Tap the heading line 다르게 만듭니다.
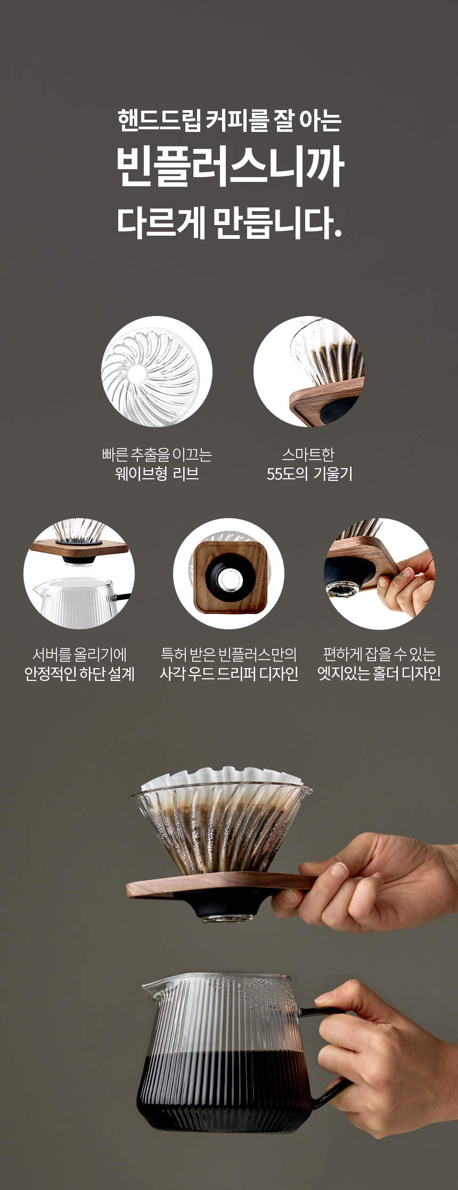(x=229, y=222)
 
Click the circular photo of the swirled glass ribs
(x=157, y=371)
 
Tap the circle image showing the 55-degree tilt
(x=309, y=371)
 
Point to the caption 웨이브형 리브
(x=157, y=473)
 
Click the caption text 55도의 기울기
(x=309, y=473)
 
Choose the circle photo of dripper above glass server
(x=79, y=573)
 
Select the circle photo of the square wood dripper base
(x=228, y=573)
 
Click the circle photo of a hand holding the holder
(x=379, y=573)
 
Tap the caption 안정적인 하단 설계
(x=79, y=673)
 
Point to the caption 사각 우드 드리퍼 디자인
(x=229, y=673)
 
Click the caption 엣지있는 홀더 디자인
(x=379, y=673)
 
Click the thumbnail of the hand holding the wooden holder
(x=379, y=573)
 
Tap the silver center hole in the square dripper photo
(x=230, y=579)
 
